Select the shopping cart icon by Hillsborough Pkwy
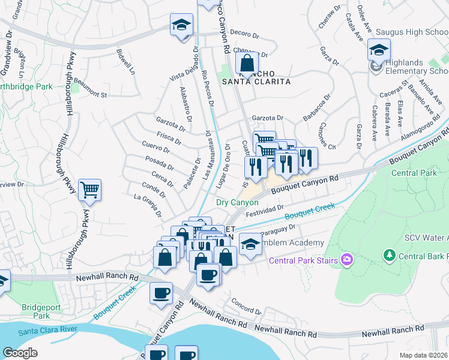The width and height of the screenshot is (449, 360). click(x=89, y=191)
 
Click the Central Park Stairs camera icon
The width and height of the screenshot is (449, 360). click(x=346, y=260)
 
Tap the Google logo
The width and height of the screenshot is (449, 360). click(x=19, y=353)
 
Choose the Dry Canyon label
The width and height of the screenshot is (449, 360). click(x=237, y=203)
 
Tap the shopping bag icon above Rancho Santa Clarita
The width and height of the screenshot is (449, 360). click(x=246, y=63)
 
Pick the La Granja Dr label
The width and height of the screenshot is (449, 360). click(x=148, y=203)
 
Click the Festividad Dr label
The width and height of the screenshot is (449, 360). click(x=264, y=209)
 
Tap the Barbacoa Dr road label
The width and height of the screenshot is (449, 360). click(x=318, y=108)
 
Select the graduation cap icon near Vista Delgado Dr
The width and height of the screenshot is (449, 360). click(x=181, y=26)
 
